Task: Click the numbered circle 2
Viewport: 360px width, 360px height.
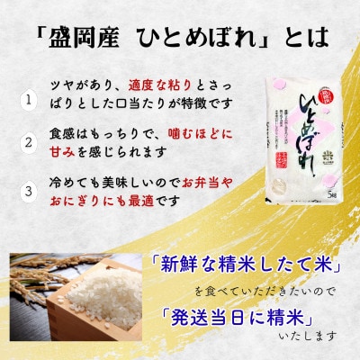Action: (30, 140)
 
